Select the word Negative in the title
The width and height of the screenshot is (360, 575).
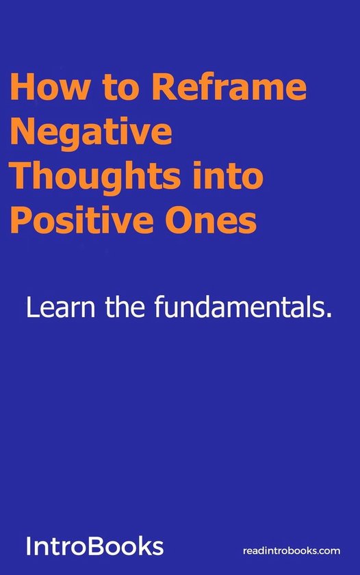point(91,133)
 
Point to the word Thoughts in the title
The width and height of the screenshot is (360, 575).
point(97,177)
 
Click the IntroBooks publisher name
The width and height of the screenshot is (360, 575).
point(94,546)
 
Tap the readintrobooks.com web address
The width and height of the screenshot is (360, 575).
point(292,550)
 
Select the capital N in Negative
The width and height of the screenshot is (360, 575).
point(23,133)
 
